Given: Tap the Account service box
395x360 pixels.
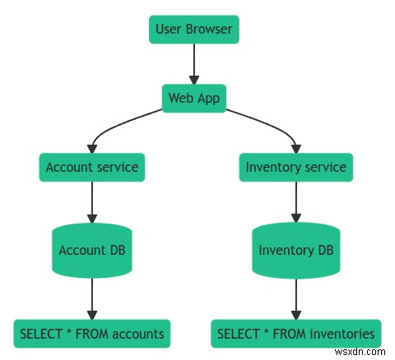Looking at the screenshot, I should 92,168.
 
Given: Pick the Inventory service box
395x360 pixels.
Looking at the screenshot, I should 296,168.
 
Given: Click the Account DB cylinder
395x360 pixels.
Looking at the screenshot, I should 92,250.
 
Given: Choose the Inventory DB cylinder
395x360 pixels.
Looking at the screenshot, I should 296,250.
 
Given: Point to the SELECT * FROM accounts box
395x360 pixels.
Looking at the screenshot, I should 92,334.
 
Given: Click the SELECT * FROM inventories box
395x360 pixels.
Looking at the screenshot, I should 296,334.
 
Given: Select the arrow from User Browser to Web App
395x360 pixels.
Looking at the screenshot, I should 194,65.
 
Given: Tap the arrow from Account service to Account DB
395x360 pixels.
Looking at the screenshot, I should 92,202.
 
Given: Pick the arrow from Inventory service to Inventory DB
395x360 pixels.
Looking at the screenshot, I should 296,202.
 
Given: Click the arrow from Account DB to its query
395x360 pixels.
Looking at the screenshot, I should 92,298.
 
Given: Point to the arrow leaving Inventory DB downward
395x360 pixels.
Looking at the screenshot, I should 296,298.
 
